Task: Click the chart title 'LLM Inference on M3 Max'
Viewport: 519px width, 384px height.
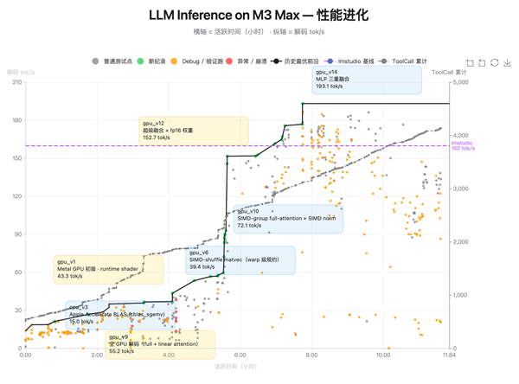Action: (258, 16)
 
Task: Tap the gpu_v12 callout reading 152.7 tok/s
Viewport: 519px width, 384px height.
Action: (193, 131)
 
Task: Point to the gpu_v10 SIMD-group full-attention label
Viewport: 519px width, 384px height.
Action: (287, 219)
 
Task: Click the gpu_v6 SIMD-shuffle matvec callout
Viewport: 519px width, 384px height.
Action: (240, 260)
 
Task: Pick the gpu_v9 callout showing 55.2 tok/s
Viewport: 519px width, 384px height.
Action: (160, 344)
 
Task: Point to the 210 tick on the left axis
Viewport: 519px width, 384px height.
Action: (16, 82)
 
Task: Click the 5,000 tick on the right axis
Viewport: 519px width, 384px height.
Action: (460, 82)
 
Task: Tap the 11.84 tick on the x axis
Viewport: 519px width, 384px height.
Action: (446, 355)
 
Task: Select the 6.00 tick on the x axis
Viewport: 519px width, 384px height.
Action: (240, 355)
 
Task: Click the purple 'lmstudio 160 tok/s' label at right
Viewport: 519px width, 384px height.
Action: (463, 145)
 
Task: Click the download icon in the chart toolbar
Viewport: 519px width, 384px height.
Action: (508, 63)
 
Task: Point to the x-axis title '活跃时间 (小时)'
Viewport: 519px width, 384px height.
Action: (235, 367)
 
